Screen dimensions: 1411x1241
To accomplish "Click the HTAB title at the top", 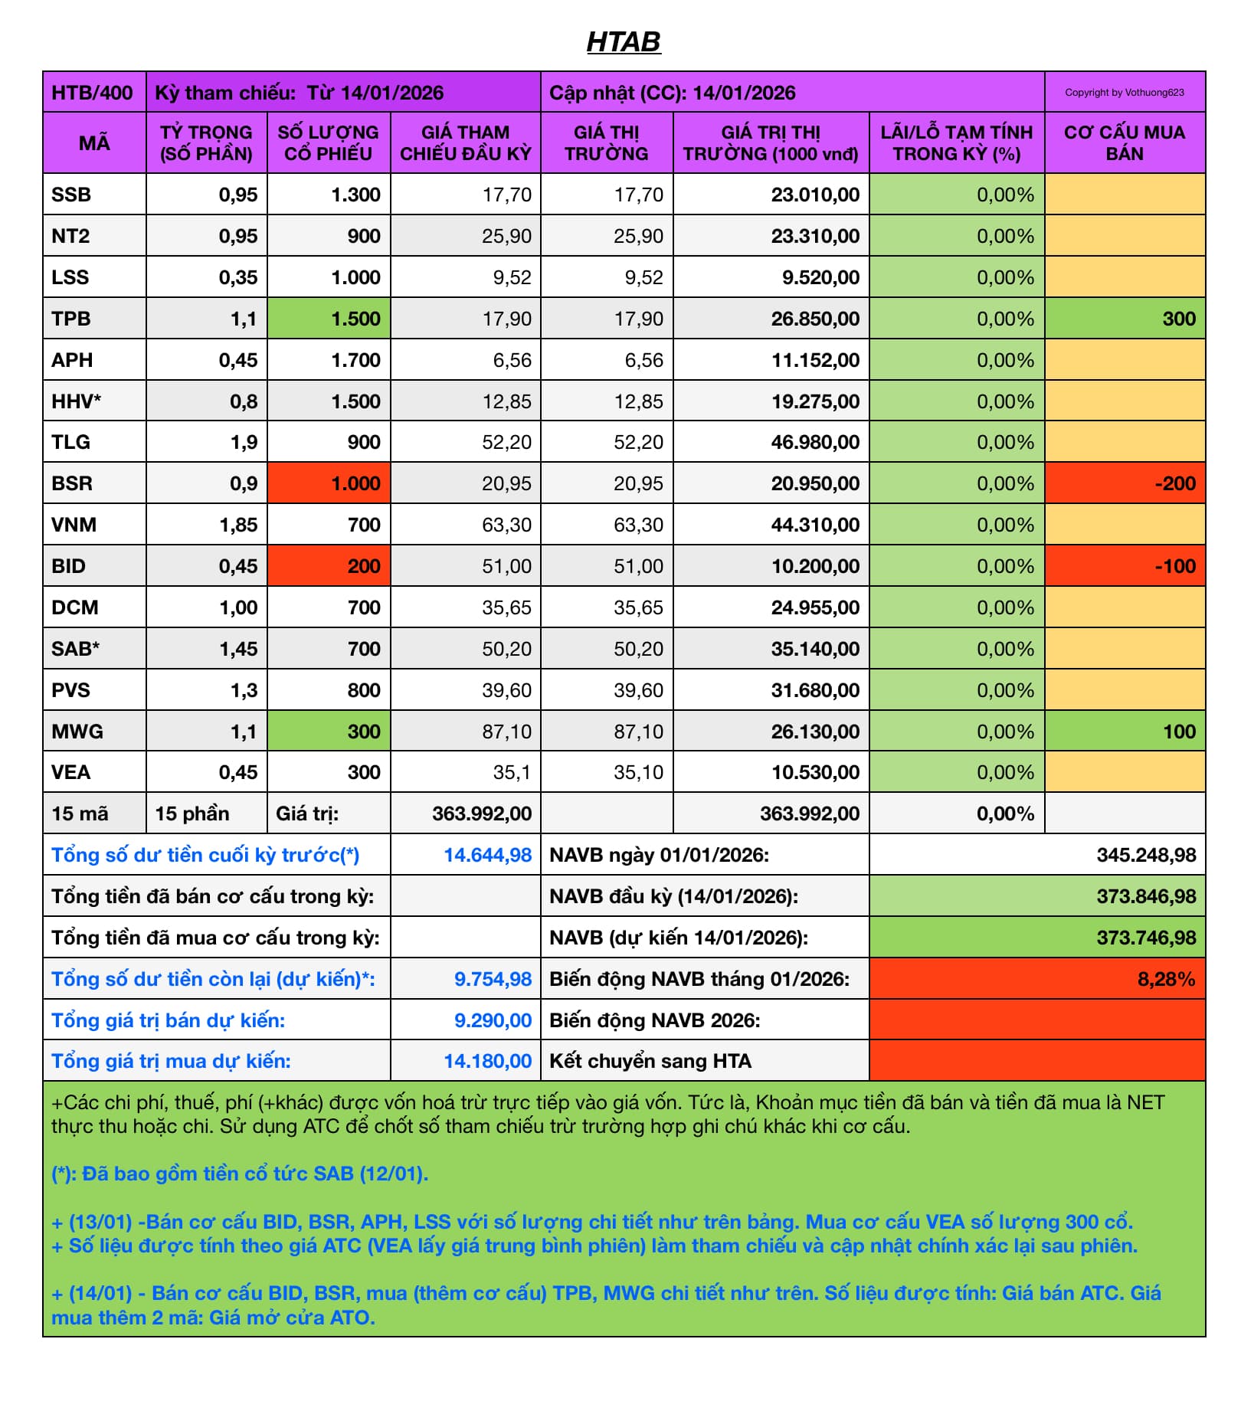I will [x=623, y=41].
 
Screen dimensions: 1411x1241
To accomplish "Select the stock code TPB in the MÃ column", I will [x=71, y=319].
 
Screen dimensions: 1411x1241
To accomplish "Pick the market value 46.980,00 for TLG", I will [x=815, y=442].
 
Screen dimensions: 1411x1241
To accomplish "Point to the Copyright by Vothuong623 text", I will [x=1124, y=93].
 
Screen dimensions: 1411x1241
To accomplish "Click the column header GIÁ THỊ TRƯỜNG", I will [x=606, y=143].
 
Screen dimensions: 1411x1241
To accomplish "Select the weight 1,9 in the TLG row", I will [x=244, y=442].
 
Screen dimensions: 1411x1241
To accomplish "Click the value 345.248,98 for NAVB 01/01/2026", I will [x=1146, y=855].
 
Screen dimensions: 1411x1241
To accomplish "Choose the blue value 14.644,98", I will [x=487, y=855].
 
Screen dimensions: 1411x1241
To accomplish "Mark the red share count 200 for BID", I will [x=363, y=566].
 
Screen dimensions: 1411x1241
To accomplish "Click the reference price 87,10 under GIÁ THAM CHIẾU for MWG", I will [x=506, y=732].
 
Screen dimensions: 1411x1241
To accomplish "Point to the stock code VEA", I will [x=71, y=772].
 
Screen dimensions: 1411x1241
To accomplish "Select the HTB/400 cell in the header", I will [x=93, y=93].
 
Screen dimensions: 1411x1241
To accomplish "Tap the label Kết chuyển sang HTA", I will [x=650, y=1061].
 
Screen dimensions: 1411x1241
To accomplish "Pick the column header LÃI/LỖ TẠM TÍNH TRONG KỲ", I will [x=956, y=143].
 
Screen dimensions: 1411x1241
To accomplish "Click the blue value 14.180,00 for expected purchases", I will [x=487, y=1061].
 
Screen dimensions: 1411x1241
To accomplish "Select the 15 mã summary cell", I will [x=80, y=814].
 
